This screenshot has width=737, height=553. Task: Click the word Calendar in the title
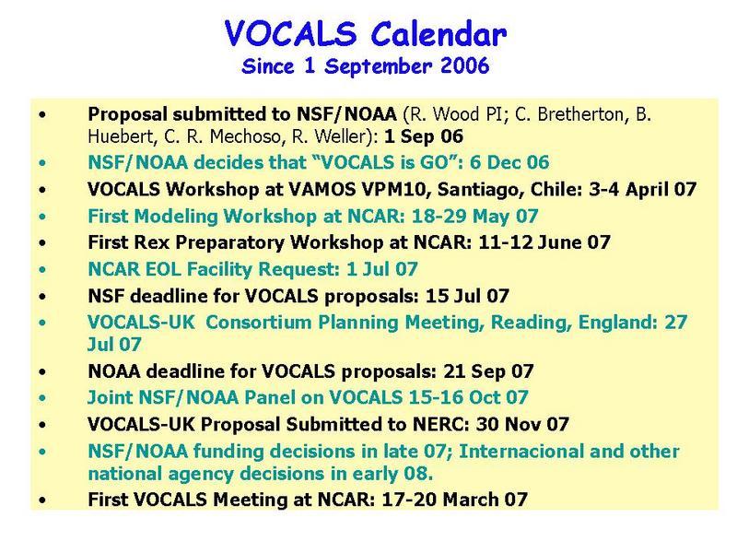coord(439,34)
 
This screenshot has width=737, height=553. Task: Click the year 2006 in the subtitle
coord(465,65)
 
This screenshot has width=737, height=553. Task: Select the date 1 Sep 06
coord(424,136)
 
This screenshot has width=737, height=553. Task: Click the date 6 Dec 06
coord(509,162)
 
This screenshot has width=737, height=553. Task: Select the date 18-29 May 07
coord(474,217)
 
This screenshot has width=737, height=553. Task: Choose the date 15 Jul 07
coord(467,296)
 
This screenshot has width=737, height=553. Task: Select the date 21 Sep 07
coord(488,371)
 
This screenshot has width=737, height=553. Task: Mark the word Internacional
coord(521,452)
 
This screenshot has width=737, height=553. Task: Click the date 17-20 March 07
coord(454,500)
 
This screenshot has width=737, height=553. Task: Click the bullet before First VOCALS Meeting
coord(42,500)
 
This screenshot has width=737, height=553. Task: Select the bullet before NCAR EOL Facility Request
coord(42,270)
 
